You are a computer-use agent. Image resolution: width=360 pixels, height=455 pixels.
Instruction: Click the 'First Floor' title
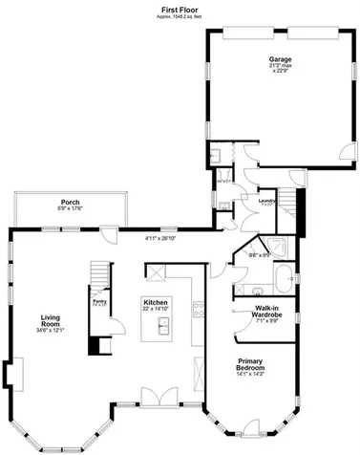tap(180, 10)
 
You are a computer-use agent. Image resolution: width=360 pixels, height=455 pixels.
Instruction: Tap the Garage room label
tap(280, 59)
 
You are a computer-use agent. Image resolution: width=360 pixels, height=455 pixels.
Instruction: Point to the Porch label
tap(70, 202)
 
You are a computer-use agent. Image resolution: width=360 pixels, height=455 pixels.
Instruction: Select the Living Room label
tap(52, 322)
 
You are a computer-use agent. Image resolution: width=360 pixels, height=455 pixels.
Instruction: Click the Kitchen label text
tap(156, 301)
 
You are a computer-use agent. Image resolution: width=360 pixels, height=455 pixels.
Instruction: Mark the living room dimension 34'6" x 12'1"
tap(52, 331)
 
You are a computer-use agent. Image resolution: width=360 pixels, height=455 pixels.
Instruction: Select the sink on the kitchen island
tap(163, 327)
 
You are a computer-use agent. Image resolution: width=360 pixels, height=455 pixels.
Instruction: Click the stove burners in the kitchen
tap(199, 308)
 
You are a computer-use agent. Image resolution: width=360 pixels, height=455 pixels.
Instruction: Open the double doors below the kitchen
tap(156, 396)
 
